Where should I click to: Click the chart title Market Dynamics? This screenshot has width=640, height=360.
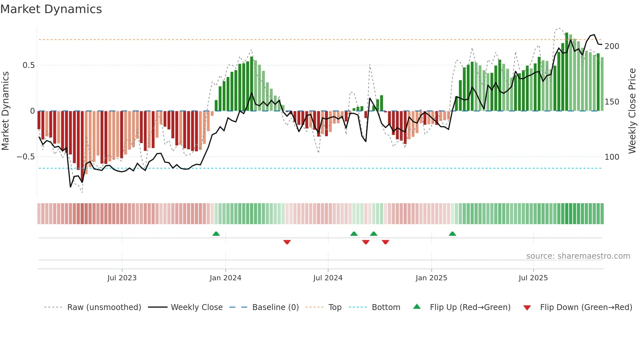(x=51, y=9)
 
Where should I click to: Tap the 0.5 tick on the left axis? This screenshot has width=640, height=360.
(x=28, y=65)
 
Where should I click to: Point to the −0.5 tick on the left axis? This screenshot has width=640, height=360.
(x=25, y=157)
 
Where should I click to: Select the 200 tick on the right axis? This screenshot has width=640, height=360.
(x=612, y=46)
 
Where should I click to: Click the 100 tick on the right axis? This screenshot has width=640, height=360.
(x=612, y=157)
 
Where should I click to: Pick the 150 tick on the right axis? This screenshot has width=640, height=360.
(x=612, y=102)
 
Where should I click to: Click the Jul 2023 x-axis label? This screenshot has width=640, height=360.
(x=122, y=278)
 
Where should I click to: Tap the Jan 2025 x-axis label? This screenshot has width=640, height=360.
(x=431, y=278)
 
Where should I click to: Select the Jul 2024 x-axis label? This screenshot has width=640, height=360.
(x=328, y=278)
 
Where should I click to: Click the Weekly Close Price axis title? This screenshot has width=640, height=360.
(x=632, y=111)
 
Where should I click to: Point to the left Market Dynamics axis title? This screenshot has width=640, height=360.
(x=5, y=111)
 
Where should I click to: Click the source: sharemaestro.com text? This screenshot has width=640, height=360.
(x=578, y=256)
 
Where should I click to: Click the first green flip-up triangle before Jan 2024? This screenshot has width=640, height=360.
(x=216, y=234)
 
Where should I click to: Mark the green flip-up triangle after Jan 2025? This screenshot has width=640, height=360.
(x=452, y=234)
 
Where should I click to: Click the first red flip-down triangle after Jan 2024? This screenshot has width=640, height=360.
(x=287, y=242)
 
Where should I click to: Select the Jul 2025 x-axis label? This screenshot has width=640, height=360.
(x=533, y=278)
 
